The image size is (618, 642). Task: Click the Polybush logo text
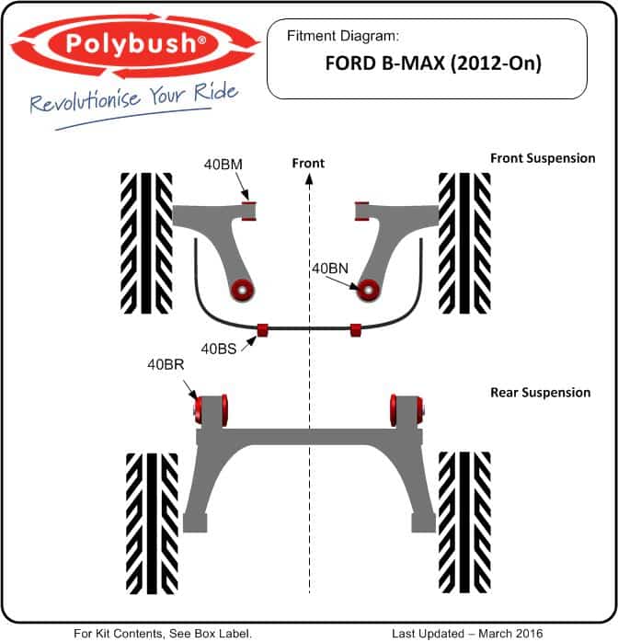point(135,43)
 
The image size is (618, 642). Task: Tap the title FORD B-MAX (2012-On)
point(433,63)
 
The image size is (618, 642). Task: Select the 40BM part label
point(223,165)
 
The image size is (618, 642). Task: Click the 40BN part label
point(330,269)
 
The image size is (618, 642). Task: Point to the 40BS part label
point(219,349)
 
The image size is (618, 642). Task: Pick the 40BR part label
point(166,364)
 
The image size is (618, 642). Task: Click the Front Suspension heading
point(543,158)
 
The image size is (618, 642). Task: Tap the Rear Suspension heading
point(540,392)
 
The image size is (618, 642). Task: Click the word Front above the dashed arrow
point(308,163)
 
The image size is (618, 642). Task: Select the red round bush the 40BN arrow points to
point(368,291)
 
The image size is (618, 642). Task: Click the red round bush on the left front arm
point(242,291)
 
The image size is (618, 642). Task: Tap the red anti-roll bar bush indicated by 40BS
point(262,329)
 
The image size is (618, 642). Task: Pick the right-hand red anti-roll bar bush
point(356,329)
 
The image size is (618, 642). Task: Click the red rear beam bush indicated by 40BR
point(198,410)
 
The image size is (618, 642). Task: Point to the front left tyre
point(146,243)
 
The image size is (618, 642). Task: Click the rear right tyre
point(464,522)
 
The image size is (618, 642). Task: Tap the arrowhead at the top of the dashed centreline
point(309,178)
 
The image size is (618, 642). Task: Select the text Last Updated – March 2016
point(467,634)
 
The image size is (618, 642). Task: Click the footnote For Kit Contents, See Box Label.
point(163,634)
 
